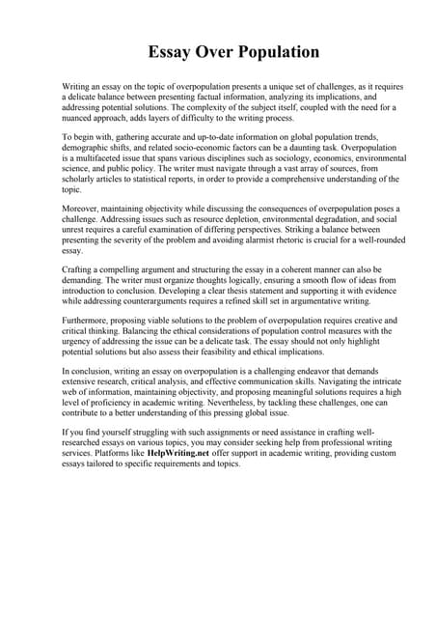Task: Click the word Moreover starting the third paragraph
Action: [81, 209]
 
